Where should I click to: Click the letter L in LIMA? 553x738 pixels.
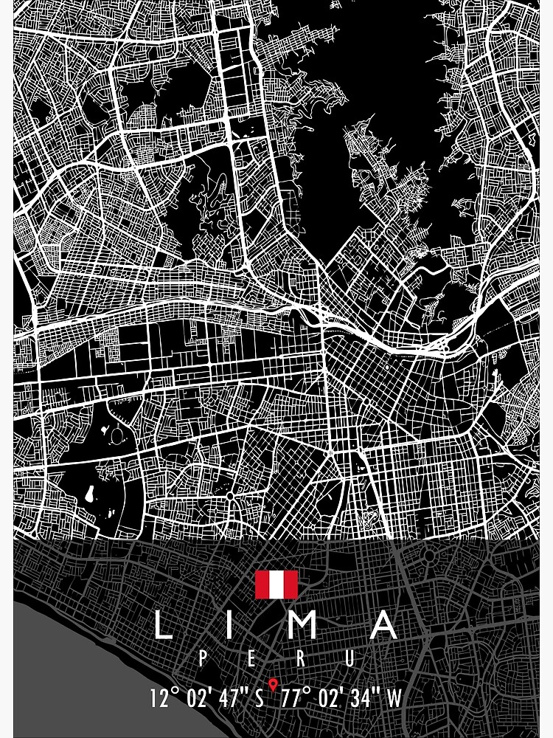tap(163, 624)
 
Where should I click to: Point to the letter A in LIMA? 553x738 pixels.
tap(383, 624)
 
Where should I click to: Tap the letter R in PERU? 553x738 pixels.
tap(305, 658)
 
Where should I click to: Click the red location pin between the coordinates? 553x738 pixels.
tap(274, 686)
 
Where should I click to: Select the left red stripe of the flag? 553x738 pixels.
tap(262, 584)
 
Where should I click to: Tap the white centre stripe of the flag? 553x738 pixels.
tap(276, 584)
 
